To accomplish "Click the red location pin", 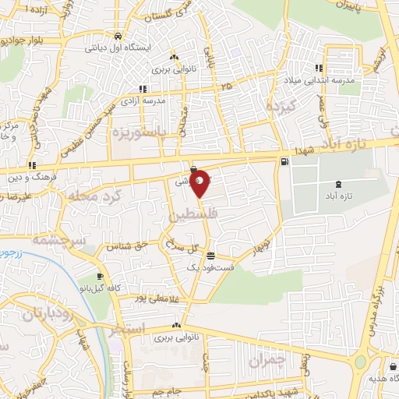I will (x=199, y=183).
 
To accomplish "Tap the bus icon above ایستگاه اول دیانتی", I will (x=117, y=36).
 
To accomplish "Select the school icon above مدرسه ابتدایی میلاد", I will (x=318, y=67).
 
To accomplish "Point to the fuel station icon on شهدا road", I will (x=284, y=162).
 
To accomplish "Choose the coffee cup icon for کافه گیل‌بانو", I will (x=99, y=276).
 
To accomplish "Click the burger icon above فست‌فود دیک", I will (x=211, y=255).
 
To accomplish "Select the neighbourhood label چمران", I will (x=270, y=360).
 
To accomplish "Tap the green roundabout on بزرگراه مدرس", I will (x=361, y=364).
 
